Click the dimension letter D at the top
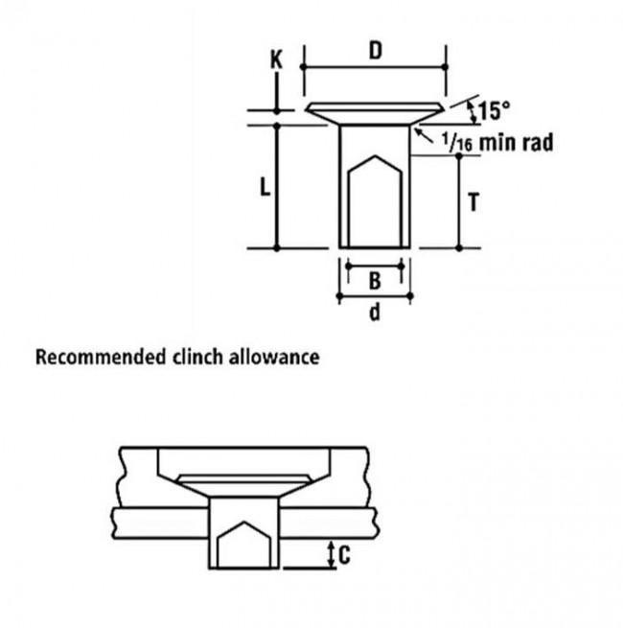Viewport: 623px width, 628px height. pos(375,52)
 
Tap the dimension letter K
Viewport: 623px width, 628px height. pos(276,60)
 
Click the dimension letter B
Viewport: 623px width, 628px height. pos(375,281)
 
